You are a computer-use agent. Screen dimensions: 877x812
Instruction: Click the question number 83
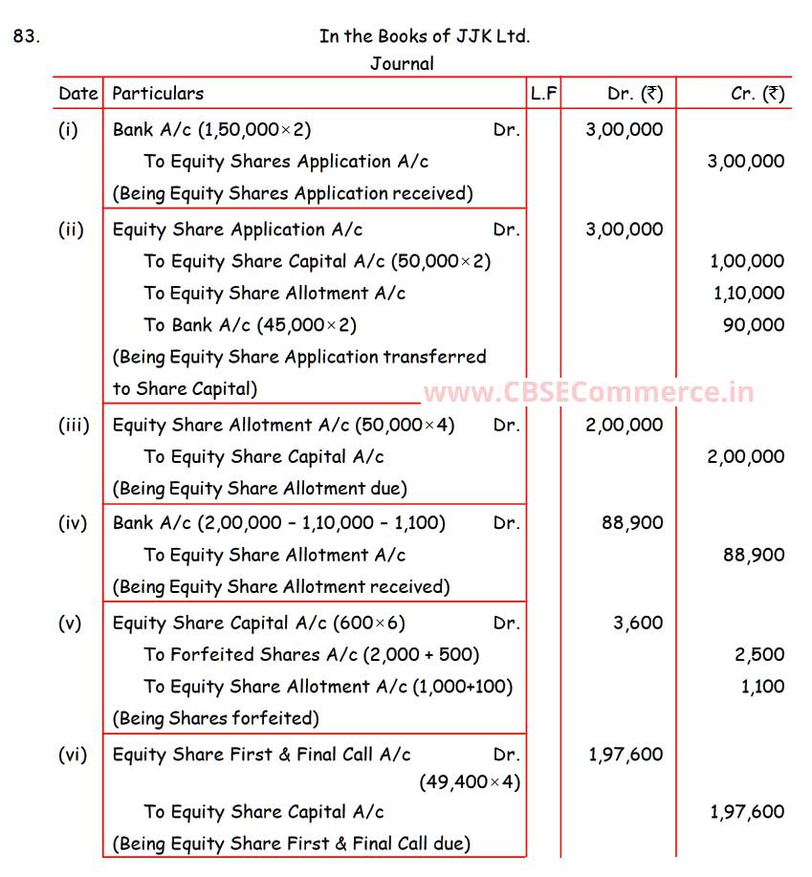(x=27, y=37)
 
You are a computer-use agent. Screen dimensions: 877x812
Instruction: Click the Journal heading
(x=402, y=64)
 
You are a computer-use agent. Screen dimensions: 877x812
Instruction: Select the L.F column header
(x=544, y=94)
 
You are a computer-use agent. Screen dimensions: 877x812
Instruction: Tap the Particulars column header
(x=158, y=94)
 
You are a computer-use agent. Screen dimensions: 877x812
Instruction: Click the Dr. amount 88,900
(x=632, y=523)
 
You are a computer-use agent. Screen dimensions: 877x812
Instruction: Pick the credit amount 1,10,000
(x=748, y=294)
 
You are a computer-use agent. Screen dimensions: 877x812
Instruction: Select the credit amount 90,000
(x=754, y=325)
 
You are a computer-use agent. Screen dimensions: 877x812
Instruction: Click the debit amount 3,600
(x=638, y=623)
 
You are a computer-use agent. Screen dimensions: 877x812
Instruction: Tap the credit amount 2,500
(x=760, y=655)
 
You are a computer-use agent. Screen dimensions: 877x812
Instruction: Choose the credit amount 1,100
(x=762, y=687)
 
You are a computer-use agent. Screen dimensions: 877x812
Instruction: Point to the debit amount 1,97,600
(x=625, y=755)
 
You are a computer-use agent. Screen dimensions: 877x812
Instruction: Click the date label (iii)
(x=74, y=425)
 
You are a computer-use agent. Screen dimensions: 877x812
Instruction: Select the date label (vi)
(x=72, y=755)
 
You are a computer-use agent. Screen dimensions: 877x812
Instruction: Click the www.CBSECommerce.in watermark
(x=588, y=392)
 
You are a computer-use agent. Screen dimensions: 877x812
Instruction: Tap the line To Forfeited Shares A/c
(x=312, y=655)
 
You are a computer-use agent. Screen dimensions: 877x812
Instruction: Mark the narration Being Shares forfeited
(x=216, y=717)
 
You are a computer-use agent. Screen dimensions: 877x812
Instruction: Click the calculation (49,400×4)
(x=470, y=782)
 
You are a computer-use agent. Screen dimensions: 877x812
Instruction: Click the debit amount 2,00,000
(x=625, y=425)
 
